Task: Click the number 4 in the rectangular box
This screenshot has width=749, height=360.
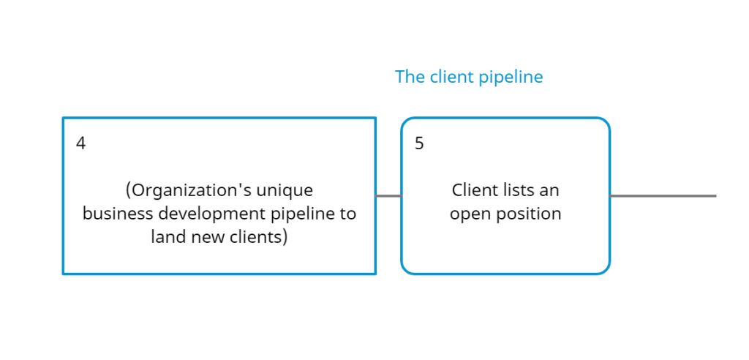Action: (x=80, y=143)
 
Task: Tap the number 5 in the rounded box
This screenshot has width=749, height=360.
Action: (x=419, y=143)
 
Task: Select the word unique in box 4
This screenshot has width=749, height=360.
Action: (x=289, y=191)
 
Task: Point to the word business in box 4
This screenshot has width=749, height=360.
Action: (x=118, y=213)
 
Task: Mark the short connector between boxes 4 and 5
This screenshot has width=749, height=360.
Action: (x=388, y=196)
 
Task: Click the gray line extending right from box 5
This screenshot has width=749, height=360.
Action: (x=663, y=196)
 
